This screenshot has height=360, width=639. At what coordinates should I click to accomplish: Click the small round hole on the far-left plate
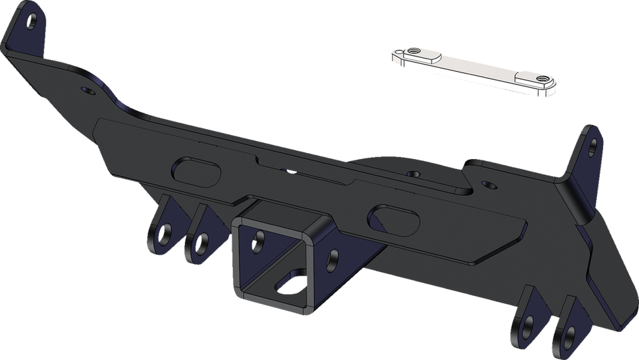(84, 89)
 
